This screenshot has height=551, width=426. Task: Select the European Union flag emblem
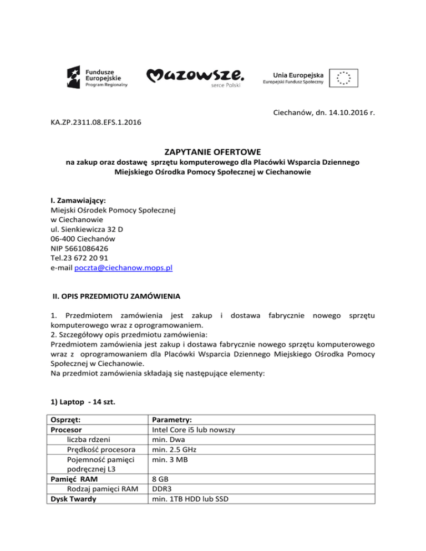tap(343, 77)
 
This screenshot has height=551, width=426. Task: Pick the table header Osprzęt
tap(66, 420)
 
